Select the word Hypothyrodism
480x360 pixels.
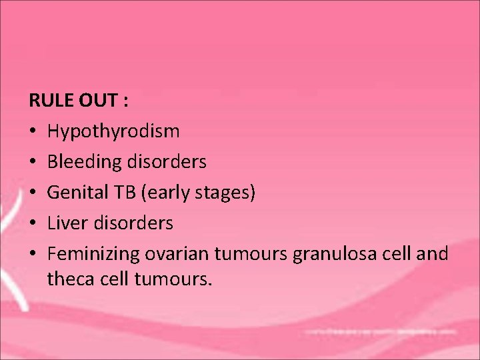113,131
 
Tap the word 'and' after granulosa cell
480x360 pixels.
434,254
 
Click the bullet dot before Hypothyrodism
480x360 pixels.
33,131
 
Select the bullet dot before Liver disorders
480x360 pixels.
33,223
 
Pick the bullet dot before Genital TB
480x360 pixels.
33,193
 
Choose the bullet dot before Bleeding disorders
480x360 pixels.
33,162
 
